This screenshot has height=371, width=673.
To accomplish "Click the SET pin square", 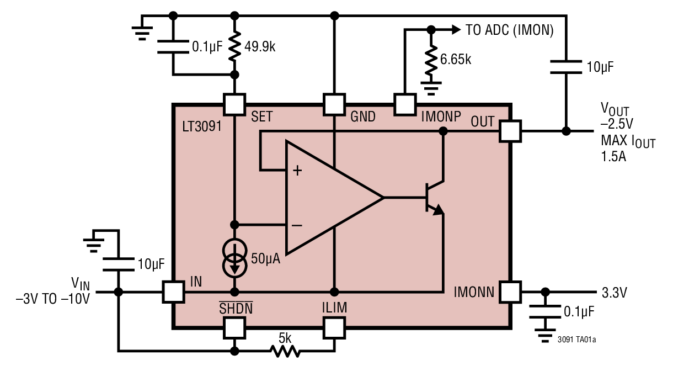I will coord(234,103).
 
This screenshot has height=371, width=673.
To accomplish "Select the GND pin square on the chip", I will coord(334,103).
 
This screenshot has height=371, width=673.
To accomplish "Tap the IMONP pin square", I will coord(404,103).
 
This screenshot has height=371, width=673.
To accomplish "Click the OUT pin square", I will coord(510,131).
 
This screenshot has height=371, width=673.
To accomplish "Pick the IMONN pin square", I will coord(510,291).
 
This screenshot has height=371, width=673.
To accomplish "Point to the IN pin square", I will coord(173,291).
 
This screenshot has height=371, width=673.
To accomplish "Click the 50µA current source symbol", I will coord(234,258).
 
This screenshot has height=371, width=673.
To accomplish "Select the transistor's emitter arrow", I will coord(437,210).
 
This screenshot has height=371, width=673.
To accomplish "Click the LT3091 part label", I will coord(201,126).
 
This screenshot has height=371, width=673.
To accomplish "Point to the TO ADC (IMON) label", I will coord(509,30).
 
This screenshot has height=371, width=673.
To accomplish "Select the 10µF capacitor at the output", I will coord(566,67).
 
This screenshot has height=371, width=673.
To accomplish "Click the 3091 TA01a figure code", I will coord(576,340).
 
